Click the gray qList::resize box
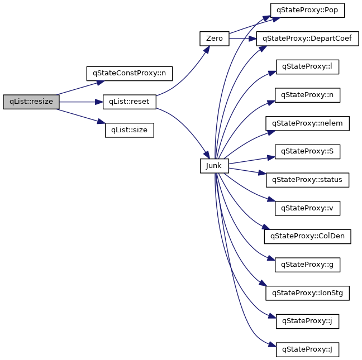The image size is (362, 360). (31, 102)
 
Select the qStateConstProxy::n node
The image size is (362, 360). (130, 73)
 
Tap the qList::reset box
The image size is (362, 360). (129, 102)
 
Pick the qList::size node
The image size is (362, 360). (129, 130)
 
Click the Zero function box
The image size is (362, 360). (214, 39)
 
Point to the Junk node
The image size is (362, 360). (214, 166)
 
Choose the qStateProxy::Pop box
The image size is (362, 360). (308, 10)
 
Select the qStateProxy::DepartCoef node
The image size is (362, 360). (308, 39)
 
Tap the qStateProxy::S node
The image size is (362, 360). (308, 151)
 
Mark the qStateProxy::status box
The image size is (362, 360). (308, 180)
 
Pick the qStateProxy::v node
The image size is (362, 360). (308, 208)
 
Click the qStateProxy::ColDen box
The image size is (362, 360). (308, 236)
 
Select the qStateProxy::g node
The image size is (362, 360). (308, 265)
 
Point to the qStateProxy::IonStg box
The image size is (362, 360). (308, 293)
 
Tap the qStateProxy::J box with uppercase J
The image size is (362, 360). (308, 350)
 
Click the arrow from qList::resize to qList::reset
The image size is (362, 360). (81, 102)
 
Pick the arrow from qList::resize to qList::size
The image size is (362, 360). (81, 116)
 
